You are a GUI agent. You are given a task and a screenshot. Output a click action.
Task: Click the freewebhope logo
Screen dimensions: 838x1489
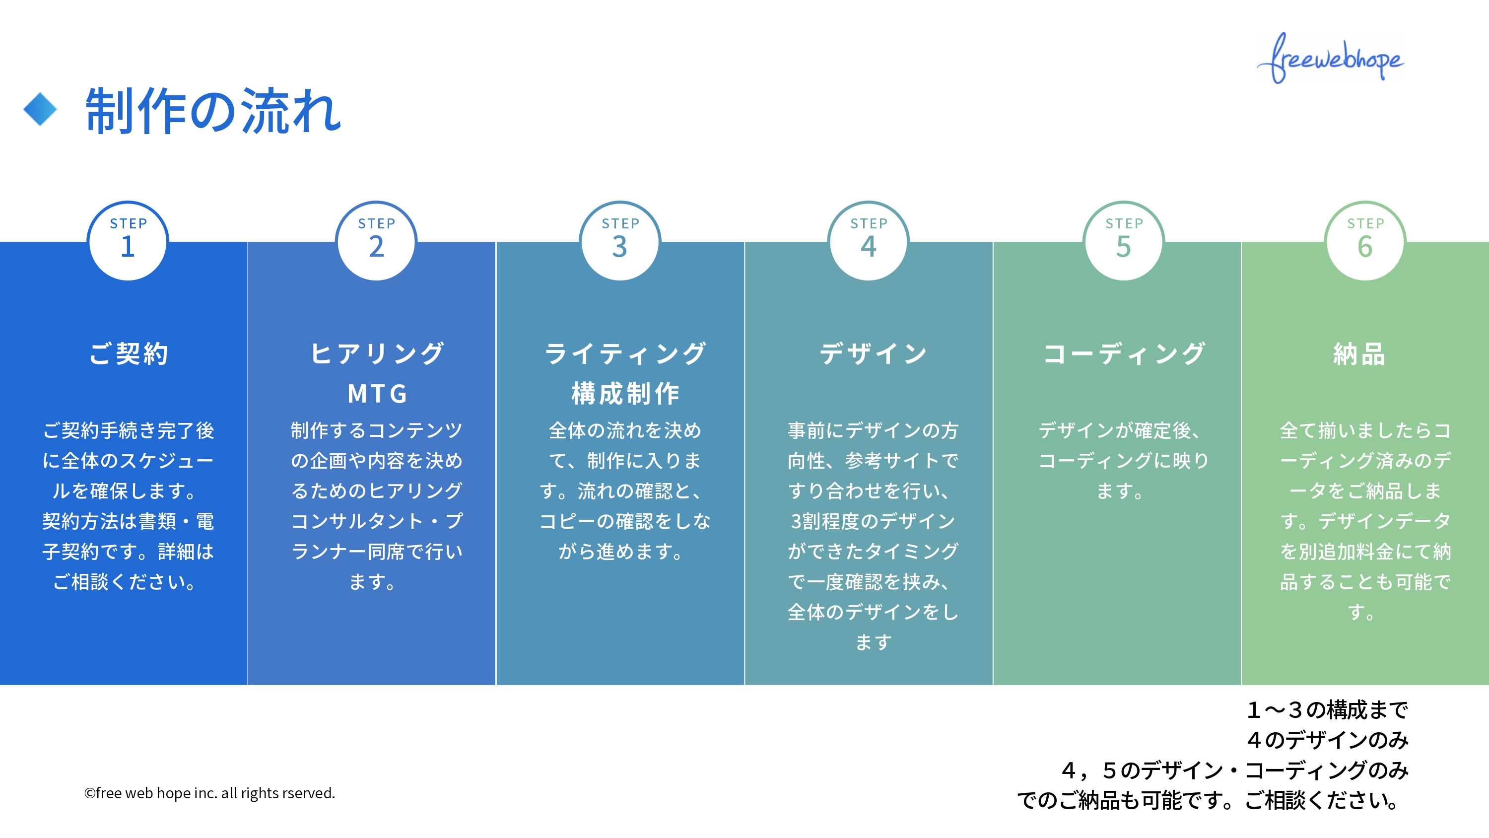(1331, 58)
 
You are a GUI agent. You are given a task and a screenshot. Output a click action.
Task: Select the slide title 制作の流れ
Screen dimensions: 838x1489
(213, 111)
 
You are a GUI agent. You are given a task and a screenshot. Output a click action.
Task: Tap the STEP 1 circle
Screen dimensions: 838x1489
(128, 241)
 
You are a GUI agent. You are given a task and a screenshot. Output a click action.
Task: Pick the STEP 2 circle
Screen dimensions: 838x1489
(376, 241)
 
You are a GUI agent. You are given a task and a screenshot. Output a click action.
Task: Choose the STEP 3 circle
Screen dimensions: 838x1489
(619, 241)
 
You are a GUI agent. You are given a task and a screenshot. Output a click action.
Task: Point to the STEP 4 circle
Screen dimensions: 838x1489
(868, 241)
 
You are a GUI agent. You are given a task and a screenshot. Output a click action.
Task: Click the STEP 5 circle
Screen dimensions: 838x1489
(1124, 241)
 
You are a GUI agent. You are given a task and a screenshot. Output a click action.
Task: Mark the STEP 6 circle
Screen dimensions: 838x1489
(1365, 241)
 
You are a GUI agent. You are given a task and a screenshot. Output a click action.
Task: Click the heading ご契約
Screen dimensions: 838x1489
(129, 353)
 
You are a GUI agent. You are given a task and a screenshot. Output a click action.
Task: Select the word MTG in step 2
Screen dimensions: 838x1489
(377, 394)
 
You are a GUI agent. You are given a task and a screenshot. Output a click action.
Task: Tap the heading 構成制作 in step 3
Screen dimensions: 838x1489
(625, 394)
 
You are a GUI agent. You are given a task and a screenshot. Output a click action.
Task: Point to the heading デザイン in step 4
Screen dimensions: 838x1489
(873, 353)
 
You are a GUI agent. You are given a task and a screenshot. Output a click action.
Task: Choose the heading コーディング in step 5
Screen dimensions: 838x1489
(1124, 353)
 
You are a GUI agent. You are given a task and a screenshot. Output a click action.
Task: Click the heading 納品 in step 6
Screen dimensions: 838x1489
(1359, 353)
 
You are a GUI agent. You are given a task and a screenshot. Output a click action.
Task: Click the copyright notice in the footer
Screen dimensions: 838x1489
(209, 793)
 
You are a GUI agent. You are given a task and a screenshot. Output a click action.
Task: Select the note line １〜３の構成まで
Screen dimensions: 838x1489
(1327, 709)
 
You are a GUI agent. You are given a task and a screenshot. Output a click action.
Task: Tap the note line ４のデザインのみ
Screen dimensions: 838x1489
(1327, 740)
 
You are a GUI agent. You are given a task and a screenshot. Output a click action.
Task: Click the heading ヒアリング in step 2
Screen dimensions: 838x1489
(377, 353)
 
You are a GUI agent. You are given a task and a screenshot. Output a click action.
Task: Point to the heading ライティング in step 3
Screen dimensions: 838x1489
(625, 353)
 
